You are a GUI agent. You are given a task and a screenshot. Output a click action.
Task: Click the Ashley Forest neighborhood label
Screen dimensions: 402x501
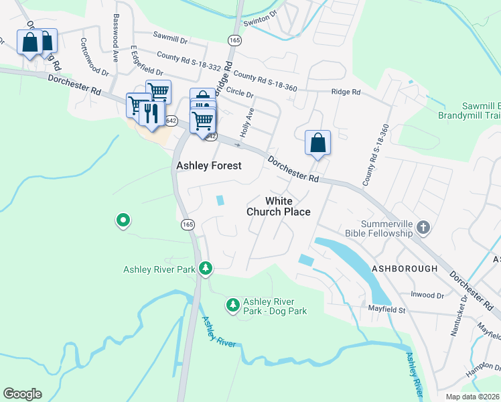pyautogui.click(x=208, y=165)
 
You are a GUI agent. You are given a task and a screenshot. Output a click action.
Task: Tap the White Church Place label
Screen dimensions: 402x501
pyautogui.click(x=279, y=206)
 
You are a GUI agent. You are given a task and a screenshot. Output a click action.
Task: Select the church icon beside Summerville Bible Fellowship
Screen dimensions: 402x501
pyautogui.click(x=423, y=228)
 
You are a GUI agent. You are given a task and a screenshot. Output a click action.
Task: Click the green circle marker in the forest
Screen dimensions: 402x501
pyautogui.click(x=123, y=220)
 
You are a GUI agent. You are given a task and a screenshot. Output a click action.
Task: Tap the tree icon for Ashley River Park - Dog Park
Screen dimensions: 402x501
pyautogui.click(x=232, y=305)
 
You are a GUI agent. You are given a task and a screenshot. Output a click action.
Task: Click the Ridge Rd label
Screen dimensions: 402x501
pyautogui.click(x=346, y=92)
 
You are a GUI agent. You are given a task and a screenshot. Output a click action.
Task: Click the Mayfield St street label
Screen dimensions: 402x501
pyautogui.click(x=386, y=310)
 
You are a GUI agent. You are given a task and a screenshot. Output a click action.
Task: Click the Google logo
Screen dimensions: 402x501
pyautogui.click(x=22, y=394)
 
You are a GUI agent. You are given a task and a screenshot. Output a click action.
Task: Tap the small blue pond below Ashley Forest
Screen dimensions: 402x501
pyautogui.click(x=220, y=200)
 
